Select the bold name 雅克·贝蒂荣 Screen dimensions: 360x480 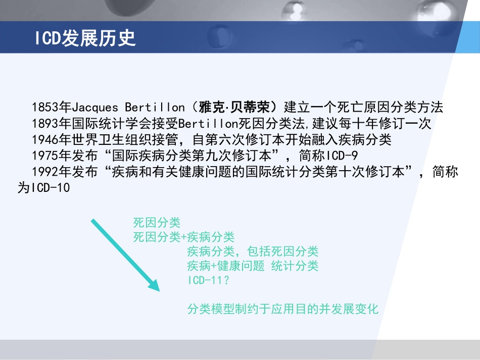tap(238, 108)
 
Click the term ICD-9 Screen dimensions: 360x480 tap(343, 156)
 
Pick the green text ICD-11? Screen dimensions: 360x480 tap(208, 280)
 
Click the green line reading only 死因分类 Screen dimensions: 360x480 tap(157, 223)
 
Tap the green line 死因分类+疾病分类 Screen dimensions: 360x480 tap(184, 237)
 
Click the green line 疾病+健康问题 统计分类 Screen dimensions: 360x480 tap(253, 266)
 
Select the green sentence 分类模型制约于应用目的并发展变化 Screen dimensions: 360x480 tap(283, 309)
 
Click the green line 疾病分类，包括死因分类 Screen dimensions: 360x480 tap(253, 251)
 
